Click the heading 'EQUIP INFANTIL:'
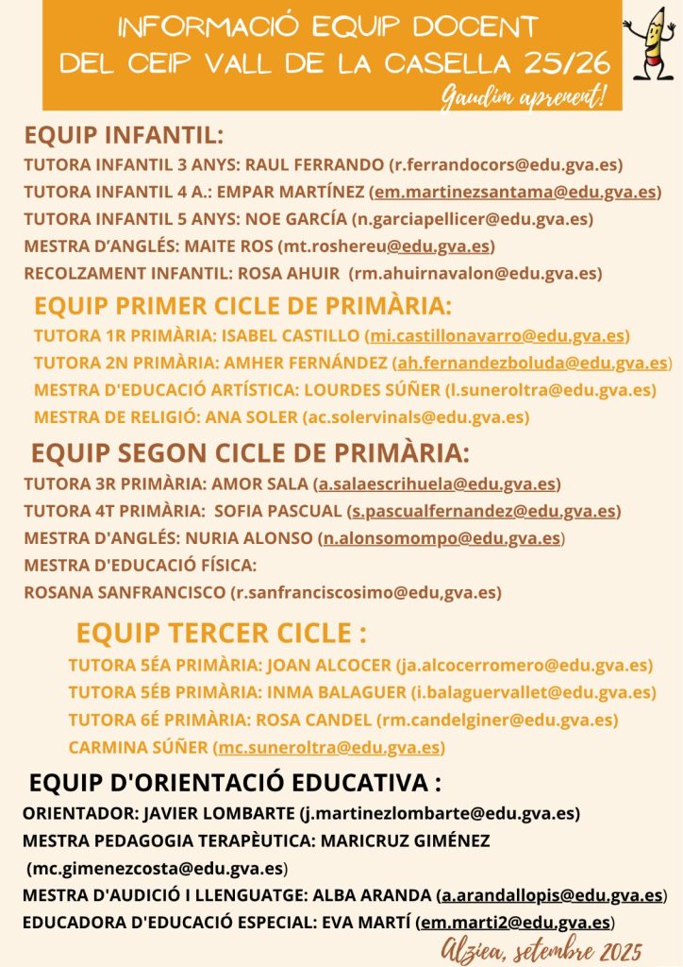(x=123, y=133)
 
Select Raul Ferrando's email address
(x=506, y=164)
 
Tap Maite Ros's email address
(x=386, y=246)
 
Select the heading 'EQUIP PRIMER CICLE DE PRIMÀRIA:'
(x=242, y=306)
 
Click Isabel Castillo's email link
(x=497, y=335)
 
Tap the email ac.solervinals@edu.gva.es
(x=415, y=416)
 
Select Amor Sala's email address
(x=437, y=484)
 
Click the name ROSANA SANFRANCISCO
(x=124, y=593)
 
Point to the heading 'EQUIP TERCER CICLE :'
(x=221, y=632)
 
